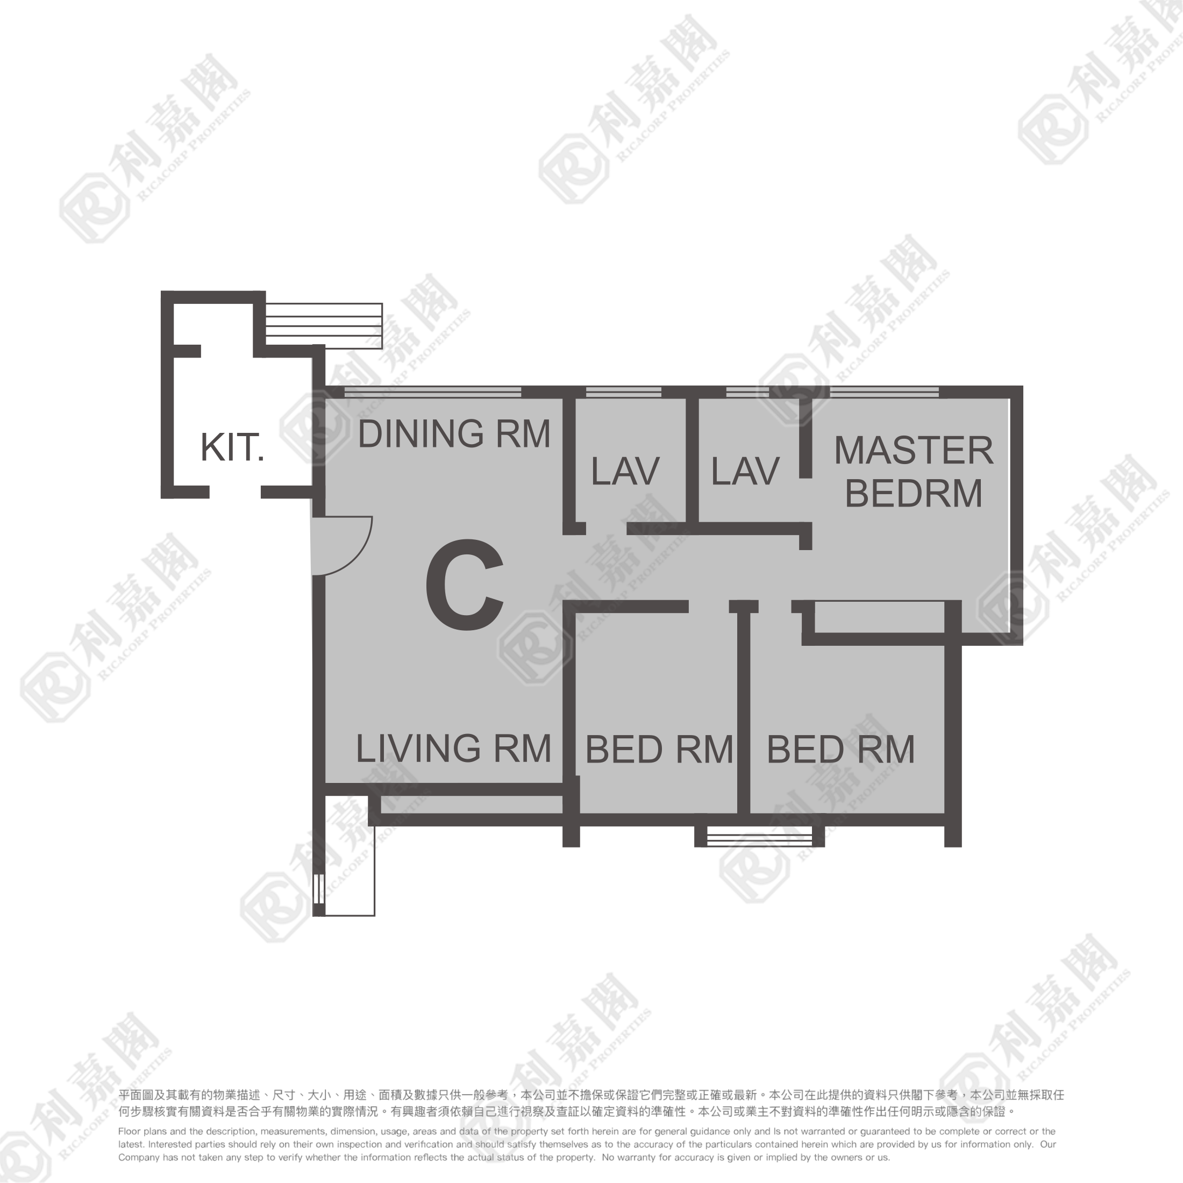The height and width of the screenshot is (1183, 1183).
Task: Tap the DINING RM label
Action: point(453,434)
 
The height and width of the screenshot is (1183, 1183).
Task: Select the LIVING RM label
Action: point(453,749)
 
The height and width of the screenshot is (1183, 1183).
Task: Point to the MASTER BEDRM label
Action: point(913,472)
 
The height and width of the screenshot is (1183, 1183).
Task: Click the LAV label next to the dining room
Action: point(624,472)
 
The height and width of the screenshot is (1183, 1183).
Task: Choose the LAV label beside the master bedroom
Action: point(745,472)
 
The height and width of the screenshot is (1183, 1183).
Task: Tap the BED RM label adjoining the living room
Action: point(659,750)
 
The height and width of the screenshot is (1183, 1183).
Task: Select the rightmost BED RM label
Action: point(840,750)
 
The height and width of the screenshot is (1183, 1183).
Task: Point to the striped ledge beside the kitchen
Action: point(323,325)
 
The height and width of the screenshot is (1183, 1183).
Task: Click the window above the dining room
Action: point(432,392)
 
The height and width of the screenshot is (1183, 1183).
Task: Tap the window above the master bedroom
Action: point(883,392)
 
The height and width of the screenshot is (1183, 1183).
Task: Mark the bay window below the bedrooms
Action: point(759,836)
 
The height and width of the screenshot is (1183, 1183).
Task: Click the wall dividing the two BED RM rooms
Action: point(743,710)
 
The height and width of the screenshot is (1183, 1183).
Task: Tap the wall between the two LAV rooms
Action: point(692,459)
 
